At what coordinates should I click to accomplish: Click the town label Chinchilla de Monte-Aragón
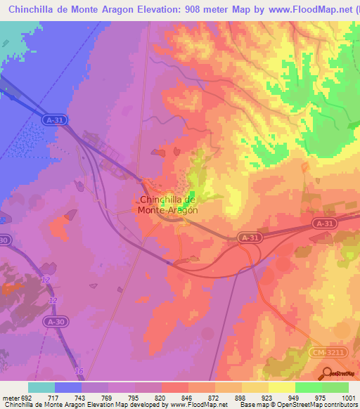pos(167,204)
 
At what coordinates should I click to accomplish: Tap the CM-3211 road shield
pos(325,350)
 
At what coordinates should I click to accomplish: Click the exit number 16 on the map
pos(79,371)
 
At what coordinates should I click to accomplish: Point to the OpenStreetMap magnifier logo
pos(326,372)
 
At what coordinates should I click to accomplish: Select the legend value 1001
pos(349,397)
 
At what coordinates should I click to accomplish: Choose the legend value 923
pos(269,397)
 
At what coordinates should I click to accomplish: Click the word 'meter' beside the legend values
pos(10,397)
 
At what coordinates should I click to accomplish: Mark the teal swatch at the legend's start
pos(41,387)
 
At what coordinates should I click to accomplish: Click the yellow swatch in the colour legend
pos(282,387)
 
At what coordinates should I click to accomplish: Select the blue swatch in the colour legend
pos(68,387)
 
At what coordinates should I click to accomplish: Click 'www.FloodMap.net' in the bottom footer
pos(198,405)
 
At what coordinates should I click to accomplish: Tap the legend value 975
pos(322,397)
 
